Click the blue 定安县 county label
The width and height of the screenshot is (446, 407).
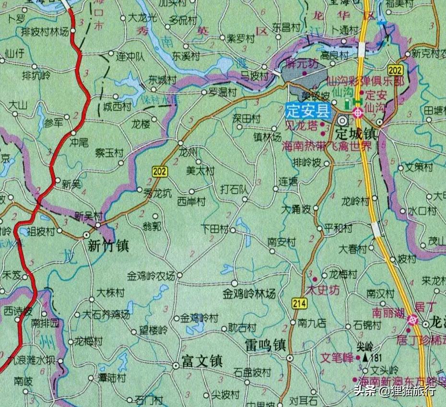[308, 111]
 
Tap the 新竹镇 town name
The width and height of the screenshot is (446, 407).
[108, 246]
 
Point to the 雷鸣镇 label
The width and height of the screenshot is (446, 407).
[265, 345]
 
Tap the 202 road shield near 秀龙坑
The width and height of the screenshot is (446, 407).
[160, 171]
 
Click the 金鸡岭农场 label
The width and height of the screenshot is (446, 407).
[151, 276]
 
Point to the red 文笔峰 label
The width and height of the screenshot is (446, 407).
[337, 358]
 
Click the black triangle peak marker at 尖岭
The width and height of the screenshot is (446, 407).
[365, 358]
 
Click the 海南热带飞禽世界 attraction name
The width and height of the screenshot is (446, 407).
[326, 146]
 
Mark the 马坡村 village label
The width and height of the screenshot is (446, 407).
[253, 74]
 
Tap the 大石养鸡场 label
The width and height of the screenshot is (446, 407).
[106, 315]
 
